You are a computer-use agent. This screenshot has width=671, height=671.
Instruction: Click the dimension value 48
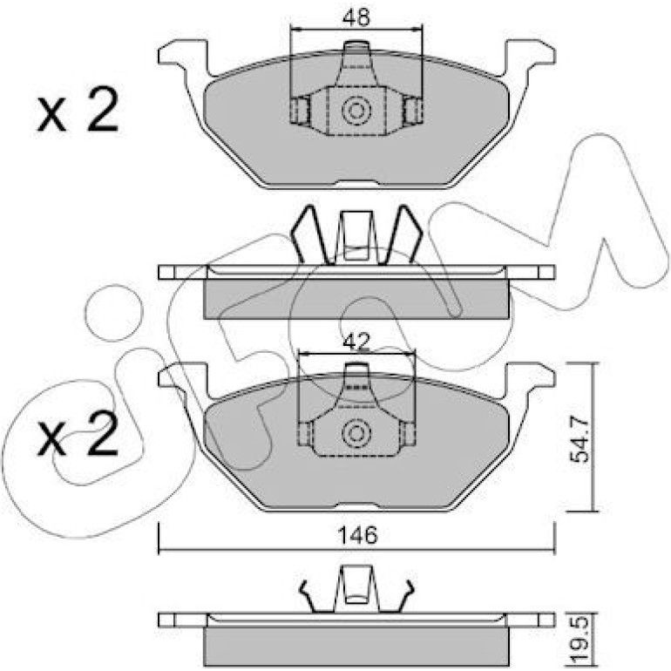click(x=356, y=17)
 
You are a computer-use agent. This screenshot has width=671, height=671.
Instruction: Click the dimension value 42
click(x=357, y=342)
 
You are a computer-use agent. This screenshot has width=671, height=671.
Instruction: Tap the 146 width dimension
click(x=358, y=535)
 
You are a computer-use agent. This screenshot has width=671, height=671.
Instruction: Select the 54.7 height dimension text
click(x=580, y=440)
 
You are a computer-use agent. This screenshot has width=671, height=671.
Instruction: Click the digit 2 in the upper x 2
click(x=103, y=109)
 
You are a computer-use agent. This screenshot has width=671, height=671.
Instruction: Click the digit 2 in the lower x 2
click(x=103, y=432)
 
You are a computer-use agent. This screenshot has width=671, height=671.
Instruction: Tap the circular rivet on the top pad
click(x=356, y=111)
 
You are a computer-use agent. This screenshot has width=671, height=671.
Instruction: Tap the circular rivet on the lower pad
click(x=356, y=433)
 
